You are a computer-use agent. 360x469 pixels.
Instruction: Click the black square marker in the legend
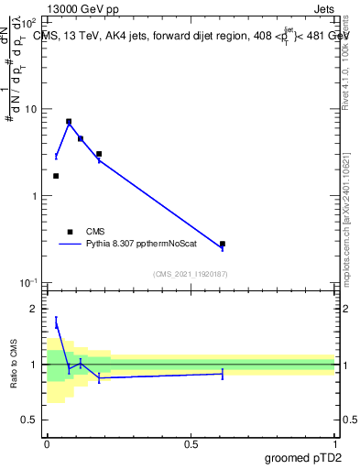pyautogui.click(x=70, y=232)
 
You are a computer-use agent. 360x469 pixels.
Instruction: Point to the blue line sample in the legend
pyautogui.click(x=70, y=245)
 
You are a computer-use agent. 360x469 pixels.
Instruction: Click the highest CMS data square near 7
pyautogui.click(x=69, y=121)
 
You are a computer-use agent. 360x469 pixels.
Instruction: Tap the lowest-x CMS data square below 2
pyautogui.click(x=56, y=176)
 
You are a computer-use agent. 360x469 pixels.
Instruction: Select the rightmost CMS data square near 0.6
pyautogui.click(x=223, y=244)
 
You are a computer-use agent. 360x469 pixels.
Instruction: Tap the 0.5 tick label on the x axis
pyautogui.click(x=191, y=443)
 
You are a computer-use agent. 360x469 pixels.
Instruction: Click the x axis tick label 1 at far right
pyautogui.click(x=334, y=443)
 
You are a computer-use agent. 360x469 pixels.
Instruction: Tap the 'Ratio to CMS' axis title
pyautogui.click(x=15, y=365)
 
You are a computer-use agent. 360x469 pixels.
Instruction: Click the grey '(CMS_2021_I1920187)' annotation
pyautogui.click(x=191, y=274)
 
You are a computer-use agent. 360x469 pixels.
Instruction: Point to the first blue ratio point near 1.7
pyautogui.click(x=56, y=322)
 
